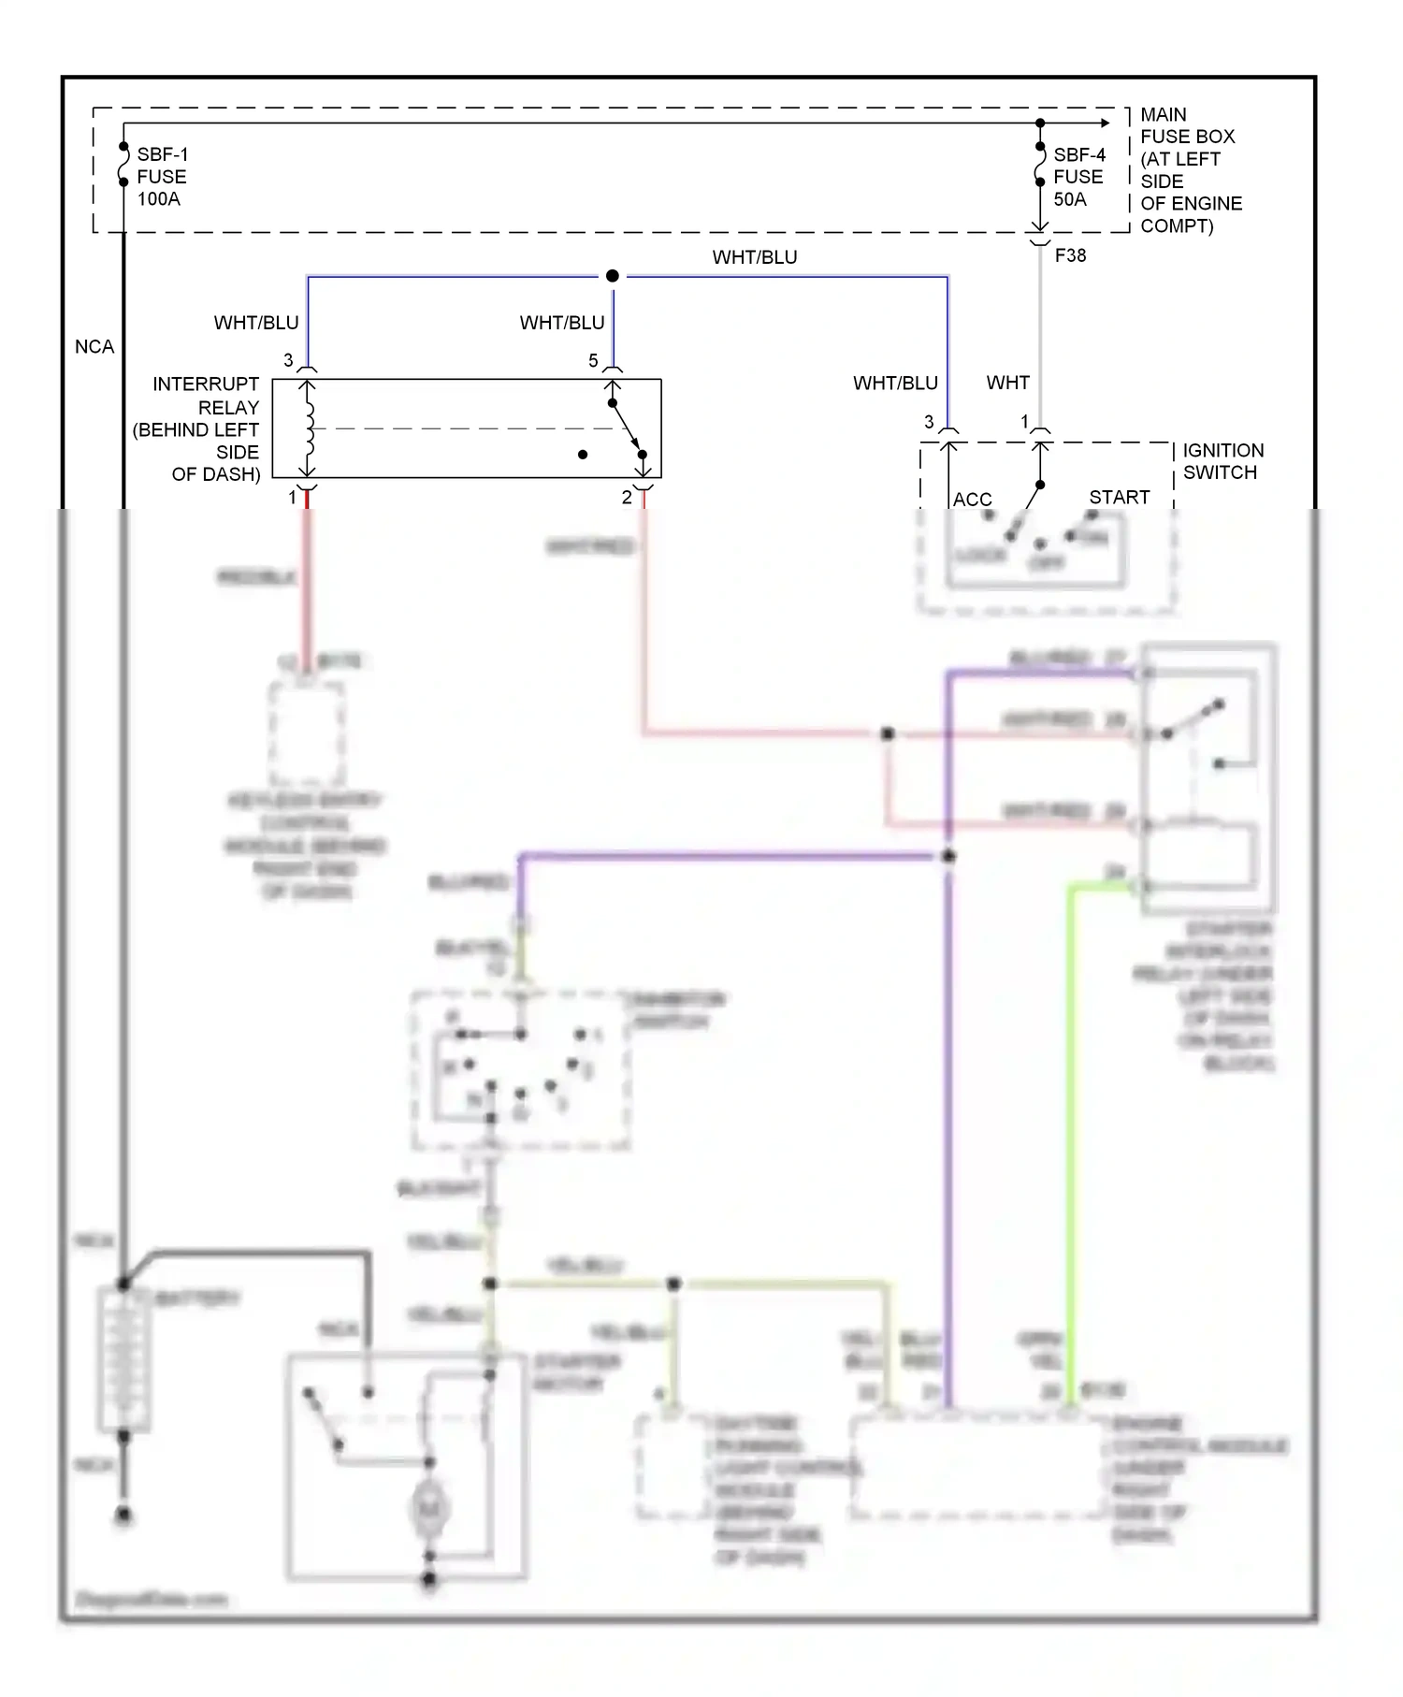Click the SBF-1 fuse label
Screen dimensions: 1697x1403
click(162, 154)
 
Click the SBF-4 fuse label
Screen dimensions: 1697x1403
click(1078, 154)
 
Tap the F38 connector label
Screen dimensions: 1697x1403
click(1070, 255)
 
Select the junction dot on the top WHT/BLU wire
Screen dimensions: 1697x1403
click(612, 276)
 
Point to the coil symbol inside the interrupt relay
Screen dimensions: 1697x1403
click(309, 428)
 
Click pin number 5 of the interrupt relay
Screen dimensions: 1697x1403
click(593, 361)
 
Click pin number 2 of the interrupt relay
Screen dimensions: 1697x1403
click(627, 498)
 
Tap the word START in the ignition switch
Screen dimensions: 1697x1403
click(1119, 497)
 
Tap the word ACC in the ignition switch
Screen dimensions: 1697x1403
click(972, 500)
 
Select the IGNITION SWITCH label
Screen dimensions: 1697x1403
click(1222, 461)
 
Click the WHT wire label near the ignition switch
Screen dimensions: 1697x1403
click(1007, 383)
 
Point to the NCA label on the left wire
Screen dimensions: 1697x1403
click(94, 347)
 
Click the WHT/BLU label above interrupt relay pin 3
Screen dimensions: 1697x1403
click(256, 323)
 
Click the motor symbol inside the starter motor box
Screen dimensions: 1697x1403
click(429, 1507)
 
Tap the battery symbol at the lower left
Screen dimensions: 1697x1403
click(123, 1358)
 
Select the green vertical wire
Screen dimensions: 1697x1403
click(1070, 1123)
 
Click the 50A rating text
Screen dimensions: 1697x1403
click(1070, 199)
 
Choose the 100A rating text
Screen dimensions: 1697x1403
click(158, 199)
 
